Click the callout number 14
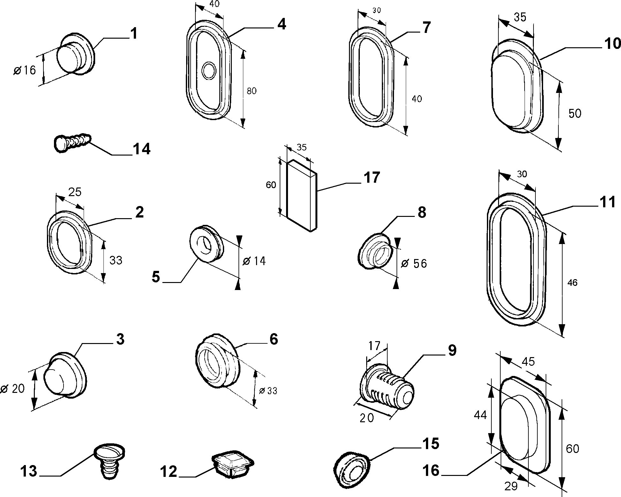(141, 149)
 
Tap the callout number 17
(371, 178)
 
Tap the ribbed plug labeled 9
(387, 387)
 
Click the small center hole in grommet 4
(209, 71)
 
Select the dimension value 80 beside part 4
(252, 91)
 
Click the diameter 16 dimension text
(25, 70)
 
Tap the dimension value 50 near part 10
(575, 114)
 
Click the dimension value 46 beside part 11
(572, 283)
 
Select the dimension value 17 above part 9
(374, 346)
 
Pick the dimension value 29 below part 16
(511, 486)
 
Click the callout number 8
(422, 212)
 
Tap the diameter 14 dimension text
(254, 261)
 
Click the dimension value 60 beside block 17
(271, 185)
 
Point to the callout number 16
(431, 470)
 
